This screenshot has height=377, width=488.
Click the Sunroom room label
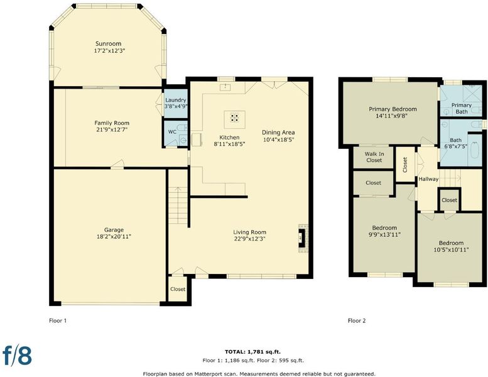pos(108,43)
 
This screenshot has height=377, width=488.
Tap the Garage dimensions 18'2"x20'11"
pos(114,237)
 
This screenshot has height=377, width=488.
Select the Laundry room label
pos(175,100)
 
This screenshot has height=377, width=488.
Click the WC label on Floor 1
pos(173,132)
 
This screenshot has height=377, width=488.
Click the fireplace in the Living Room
pos(302,239)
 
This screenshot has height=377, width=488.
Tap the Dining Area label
pos(278,133)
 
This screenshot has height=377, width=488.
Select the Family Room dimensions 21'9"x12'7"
pos(112,129)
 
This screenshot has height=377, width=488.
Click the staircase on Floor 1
pos(178,205)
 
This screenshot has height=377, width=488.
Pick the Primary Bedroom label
pos(393,109)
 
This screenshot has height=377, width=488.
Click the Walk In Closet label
pos(374,157)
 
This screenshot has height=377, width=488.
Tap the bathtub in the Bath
pos(475,150)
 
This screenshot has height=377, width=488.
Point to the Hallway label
pos(428,179)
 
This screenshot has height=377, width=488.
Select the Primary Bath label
pos(462,108)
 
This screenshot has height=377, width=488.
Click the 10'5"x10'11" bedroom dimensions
pos(452,249)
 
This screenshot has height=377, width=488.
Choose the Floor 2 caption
pos(357,320)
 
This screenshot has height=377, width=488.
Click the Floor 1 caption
pos(58,320)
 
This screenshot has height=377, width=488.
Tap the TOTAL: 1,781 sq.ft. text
pos(252,352)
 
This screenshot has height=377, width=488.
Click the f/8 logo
pos(18,354)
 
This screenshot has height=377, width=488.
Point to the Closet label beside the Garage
pos(178,289)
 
